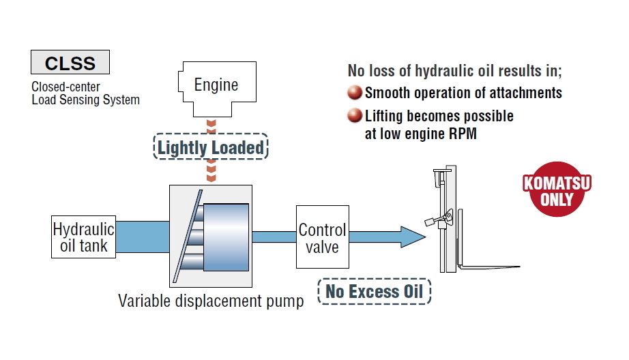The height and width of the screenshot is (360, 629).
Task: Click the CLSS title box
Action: (70, 63)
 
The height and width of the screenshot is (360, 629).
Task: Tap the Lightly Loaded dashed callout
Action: (211, 147)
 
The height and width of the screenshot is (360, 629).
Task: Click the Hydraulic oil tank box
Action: (83, 237)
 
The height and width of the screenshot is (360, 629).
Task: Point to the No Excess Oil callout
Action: (374, 292)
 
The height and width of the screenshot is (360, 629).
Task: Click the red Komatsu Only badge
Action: (557, 190)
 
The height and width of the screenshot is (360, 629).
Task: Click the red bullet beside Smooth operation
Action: (355, 93)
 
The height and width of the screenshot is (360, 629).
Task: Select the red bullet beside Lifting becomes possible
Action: (355, 116)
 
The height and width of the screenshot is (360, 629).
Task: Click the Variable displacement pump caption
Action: (211, 301)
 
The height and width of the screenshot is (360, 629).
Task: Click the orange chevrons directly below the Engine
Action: (211, 127)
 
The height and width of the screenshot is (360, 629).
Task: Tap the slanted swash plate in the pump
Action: (184, 235)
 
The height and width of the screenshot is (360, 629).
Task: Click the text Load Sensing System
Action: (85, 100)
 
